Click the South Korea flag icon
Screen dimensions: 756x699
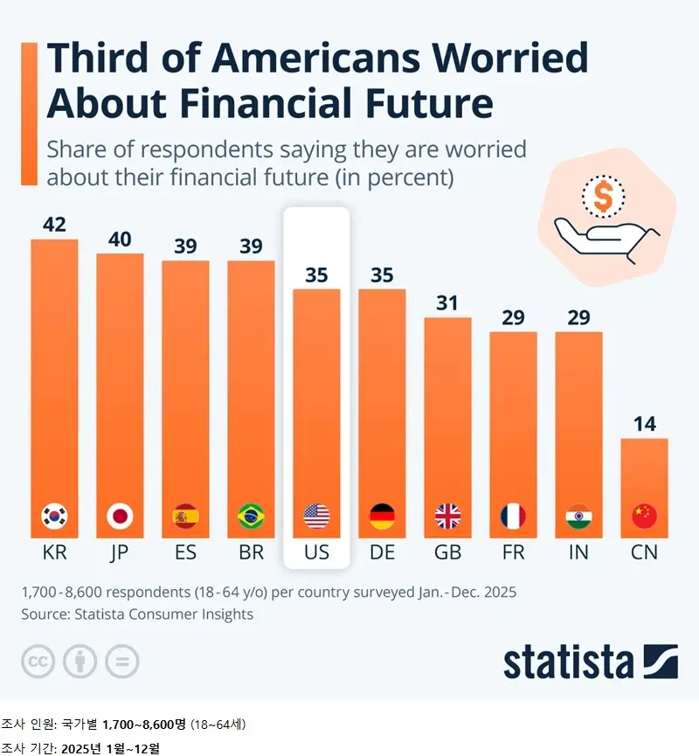(x=54, y=517)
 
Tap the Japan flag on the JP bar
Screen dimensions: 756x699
(x=120, y=517)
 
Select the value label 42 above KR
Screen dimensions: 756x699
(x=54, y=225)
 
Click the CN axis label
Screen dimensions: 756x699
(x=644, y=553)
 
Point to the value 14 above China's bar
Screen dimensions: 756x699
(x=644, y=424)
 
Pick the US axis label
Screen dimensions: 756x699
(x=316, y=553)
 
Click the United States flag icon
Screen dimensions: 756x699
(x=316, y=517)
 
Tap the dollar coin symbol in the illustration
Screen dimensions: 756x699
(x=603, y=197)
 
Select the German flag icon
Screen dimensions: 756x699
(x=382, y=517)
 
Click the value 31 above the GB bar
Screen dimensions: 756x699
(x=447, y=303)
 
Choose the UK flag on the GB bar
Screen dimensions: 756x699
(x=447, y=517)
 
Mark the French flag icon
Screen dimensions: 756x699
(x=513, y=517)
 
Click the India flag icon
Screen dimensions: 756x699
(x=578, y=517)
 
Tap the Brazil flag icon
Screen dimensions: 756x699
(x=251, y=517)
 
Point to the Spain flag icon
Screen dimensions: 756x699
(x=185, y=517)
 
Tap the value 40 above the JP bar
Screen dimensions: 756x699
(x=120, y=239)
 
